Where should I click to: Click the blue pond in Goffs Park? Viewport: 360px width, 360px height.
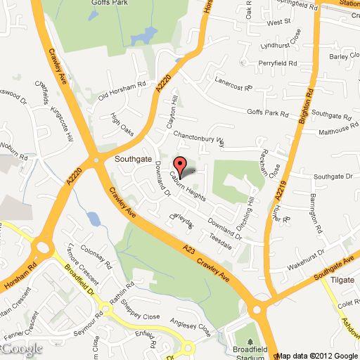[148, 34]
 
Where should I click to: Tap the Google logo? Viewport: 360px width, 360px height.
[21, 349]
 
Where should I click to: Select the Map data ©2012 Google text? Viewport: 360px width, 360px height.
[319, 355]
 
